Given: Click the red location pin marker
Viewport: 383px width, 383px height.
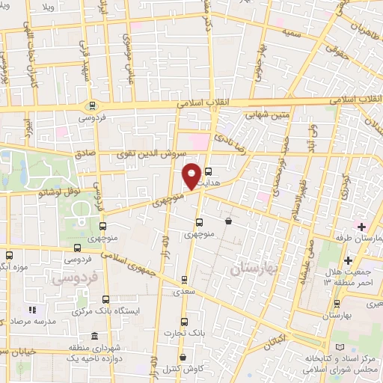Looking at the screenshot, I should coord(192,175).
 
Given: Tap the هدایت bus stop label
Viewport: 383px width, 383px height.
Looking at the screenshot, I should coord(212,182).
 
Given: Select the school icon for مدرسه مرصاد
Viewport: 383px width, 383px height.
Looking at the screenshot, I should coord(31,309).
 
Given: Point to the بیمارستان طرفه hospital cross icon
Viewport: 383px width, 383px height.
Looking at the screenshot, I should coord(361,226).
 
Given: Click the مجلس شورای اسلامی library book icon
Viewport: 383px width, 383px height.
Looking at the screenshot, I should coord(342,349).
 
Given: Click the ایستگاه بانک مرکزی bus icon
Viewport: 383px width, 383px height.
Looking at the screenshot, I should coord(105,299).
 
